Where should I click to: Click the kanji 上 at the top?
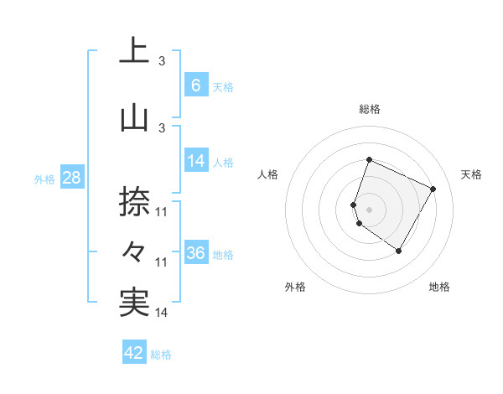pos(134,50)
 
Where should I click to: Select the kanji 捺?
pos(134,202)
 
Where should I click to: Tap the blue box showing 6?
pos(195,85)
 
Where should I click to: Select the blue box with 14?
pos(195,161)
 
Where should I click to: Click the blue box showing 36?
pos(195,253)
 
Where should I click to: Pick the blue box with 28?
pos(71,178)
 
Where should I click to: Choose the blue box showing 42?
pos(134,353)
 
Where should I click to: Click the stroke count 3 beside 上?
pos(162,60)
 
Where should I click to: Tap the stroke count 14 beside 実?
pos(163,313)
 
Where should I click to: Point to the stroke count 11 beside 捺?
pos(163,212)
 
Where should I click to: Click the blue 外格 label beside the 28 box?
pos(44,179)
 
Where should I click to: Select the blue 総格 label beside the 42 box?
pos(161,354)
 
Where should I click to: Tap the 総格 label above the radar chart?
pos(370,109)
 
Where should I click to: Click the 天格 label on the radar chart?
pos(471,174)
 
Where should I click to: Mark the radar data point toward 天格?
pos(433,189)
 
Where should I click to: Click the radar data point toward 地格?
pos(399,251)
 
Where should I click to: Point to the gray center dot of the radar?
pos(370,209)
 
